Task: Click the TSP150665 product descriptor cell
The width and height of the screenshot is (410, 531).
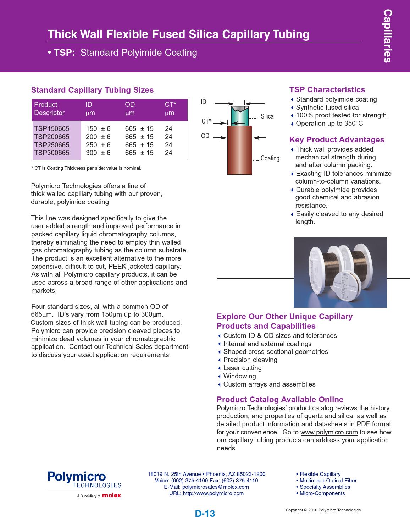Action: click(52, 128)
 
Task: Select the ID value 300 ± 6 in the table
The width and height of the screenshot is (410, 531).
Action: click(98, 153)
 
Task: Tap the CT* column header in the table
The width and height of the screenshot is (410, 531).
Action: click(170, 105)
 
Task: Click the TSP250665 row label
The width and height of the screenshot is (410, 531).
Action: click(52, 145)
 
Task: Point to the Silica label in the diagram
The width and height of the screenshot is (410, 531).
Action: click(267, 116)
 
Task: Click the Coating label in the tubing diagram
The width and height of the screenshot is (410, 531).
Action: click(270, 158)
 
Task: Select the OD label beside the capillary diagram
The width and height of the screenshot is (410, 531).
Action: click(205, 136)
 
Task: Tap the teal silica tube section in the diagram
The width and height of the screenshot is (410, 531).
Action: click(240, 117)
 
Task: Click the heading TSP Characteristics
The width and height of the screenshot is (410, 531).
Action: click(327, 90)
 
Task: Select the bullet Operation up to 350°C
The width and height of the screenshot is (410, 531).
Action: click(329, 124)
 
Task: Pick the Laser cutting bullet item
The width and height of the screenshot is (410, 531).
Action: click(242, 368)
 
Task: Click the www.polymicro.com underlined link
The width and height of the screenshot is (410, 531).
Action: click(329, 432)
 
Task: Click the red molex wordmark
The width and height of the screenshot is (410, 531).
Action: click(111, 496)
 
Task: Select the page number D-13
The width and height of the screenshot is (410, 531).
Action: click(205, 514)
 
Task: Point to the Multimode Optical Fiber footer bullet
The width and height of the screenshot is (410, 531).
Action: click(328, 481)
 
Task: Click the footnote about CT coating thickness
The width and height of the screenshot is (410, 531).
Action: click(86, 168)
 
